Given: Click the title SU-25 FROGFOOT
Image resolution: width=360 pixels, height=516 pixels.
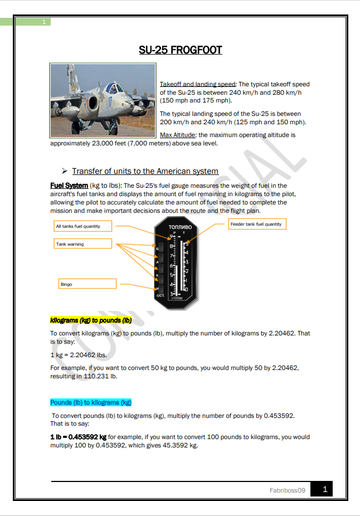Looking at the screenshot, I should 180,50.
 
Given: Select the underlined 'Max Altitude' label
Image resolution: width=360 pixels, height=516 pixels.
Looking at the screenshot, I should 177,135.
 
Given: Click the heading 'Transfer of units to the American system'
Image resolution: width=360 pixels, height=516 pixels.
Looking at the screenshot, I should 145,171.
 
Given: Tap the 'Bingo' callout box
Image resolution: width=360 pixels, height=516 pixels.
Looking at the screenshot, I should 87,284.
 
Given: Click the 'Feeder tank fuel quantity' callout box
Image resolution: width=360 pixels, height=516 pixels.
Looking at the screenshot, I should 256,224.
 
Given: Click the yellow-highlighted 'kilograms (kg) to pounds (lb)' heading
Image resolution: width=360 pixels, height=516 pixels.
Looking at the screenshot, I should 91,320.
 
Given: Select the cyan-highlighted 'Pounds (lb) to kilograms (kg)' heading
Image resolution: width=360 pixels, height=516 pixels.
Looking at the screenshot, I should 91,402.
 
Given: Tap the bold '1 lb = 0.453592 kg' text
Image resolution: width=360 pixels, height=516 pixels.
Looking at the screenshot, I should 79,437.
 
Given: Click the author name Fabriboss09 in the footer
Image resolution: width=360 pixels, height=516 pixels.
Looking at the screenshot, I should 288,490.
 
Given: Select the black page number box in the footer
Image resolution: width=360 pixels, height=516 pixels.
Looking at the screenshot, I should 321,489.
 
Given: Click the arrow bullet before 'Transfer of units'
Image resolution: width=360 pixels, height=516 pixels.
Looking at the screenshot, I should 65,171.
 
